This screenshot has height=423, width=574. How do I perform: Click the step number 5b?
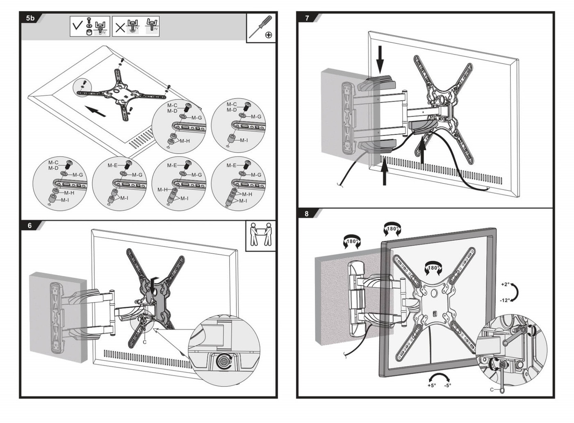coord(31,18)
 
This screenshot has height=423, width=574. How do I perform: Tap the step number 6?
coord(30,226)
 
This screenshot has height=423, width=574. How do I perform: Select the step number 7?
coord(307,18)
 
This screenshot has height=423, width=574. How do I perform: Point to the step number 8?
coord(307,213)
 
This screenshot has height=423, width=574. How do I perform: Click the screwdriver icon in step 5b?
coord(261,27)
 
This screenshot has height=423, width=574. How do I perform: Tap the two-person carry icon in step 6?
coord(261,235)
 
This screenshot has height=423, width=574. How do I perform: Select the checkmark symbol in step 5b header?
coord(77,26)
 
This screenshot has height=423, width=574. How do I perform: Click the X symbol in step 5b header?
coord(120,27)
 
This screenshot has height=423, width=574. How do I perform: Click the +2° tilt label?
coord(505,284)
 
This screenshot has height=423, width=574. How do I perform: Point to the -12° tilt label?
coord(505,300)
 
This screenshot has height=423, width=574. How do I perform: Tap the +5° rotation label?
coord(431,385)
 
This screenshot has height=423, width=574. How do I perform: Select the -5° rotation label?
coord(447,385)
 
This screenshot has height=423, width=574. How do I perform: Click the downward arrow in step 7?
coord(380,59)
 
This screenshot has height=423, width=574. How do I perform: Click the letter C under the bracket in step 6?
coord(144,342)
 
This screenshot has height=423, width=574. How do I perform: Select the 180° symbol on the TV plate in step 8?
coord(433,268)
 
